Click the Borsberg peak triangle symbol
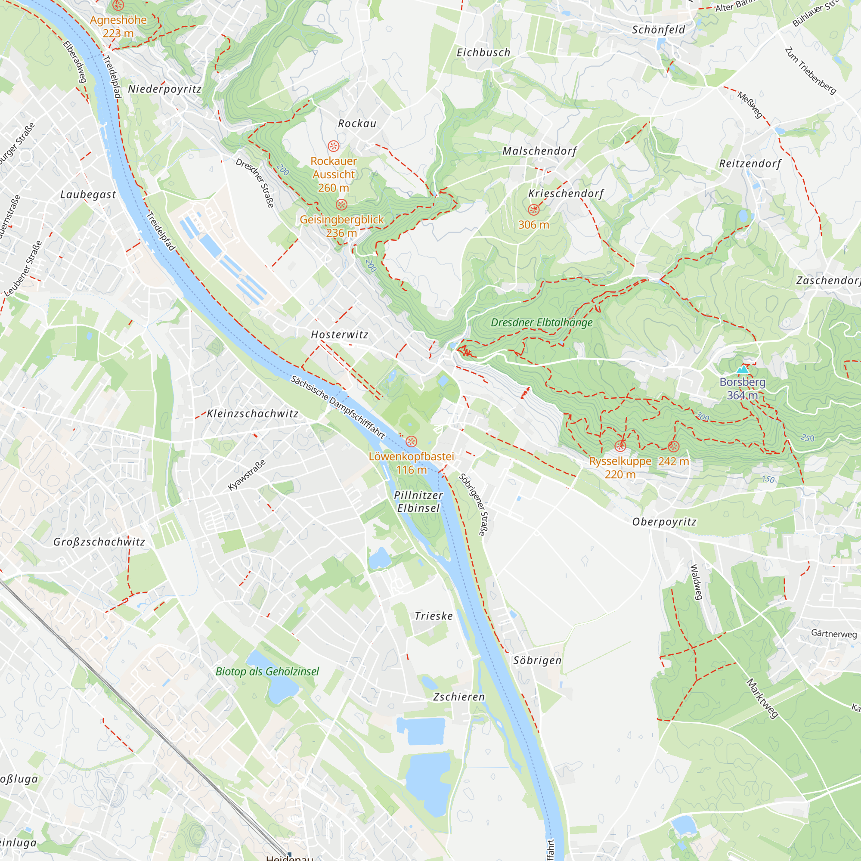click(743, 369)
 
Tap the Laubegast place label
click(88, 195)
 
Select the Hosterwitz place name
click(340, 334)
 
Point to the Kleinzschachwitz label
click(253, 414)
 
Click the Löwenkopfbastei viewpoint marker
click(411, 442)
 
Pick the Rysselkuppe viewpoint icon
click(620, 446)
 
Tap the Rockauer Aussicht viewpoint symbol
click(333, 146)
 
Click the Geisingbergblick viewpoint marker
click(341, 204)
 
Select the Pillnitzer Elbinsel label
click(418, 502)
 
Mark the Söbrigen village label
click(537, 660)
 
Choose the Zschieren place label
click(459, 697)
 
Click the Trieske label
click(434, 616)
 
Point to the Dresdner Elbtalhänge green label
click(542, 322)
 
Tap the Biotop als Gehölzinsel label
click(267, 672)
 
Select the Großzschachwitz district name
click(99, 542)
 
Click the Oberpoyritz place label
click(664, 522)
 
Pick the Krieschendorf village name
click(566, 193)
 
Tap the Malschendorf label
click(540, 151)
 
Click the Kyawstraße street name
click(246, 475)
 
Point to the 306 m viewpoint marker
click(533, 210)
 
